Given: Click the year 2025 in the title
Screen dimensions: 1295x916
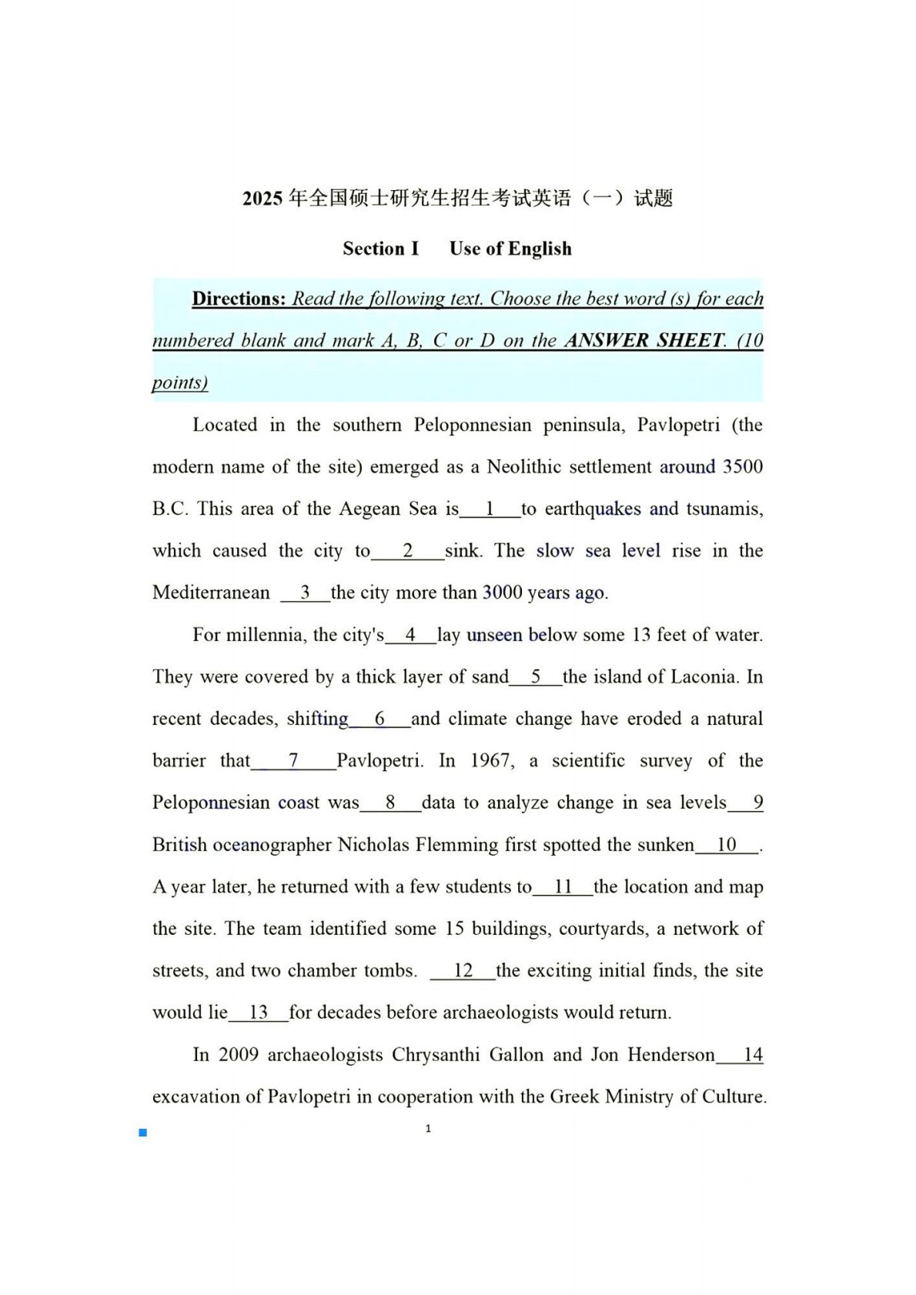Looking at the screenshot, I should (262, 199).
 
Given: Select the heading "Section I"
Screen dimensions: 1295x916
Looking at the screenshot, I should (381, 249).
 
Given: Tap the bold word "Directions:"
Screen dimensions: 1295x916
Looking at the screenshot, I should (239, 299).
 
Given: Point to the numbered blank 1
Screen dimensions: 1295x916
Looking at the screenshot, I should (490, 509).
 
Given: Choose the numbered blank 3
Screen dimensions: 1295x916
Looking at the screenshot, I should (305, 592).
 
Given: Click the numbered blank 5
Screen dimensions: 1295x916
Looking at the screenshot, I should (536, 676).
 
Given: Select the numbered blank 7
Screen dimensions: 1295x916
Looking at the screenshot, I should (293, 760).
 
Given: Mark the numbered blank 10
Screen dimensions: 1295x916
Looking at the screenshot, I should (727, 844).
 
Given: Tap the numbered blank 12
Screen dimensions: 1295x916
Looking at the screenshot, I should (463, 970).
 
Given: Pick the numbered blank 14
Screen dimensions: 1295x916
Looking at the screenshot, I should (752, 1054).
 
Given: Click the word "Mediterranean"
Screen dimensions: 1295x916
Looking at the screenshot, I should (211, 592).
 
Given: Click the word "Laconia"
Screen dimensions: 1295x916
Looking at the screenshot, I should (706, 676).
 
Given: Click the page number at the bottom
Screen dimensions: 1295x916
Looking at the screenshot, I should (428, 1129).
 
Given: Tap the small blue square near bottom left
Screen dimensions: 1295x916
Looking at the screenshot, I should (142, 1133).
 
